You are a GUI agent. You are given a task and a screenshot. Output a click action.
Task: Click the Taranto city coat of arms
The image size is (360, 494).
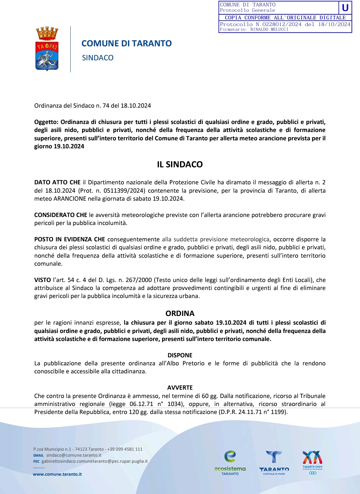click(x=47, y=49)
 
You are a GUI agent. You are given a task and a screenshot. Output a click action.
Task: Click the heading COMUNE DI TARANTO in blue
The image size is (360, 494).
click(x=126, y=44)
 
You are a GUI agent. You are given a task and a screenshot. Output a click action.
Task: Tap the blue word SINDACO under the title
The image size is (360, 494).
click(x=98, y=58)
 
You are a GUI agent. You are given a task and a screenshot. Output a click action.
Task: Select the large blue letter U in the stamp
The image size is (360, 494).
click(x=345, y=8)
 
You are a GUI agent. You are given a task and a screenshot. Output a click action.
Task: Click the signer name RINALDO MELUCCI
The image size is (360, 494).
click(x=269, y=29)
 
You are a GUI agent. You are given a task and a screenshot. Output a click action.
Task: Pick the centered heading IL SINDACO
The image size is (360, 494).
click(x=180, y=164)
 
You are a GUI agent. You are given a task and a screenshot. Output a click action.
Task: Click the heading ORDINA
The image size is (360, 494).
click(x=180, y=313)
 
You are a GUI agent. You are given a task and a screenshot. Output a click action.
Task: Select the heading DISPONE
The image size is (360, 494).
click(x=180, y=355)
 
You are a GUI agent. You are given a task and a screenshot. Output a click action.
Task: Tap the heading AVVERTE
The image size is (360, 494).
click(x=180, y=388)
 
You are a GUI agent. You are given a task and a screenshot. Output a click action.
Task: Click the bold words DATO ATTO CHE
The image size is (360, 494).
click(x=57, y=182)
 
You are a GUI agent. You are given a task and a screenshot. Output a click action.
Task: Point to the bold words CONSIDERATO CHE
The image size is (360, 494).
click(x=61, y=215)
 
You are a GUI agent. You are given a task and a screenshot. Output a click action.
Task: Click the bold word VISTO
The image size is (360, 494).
click(x=42, y=280)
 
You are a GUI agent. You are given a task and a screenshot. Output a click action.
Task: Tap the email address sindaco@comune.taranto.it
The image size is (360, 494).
click(x=74, y=455)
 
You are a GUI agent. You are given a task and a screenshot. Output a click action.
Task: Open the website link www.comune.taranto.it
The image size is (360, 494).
click(x=57, y=474)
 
